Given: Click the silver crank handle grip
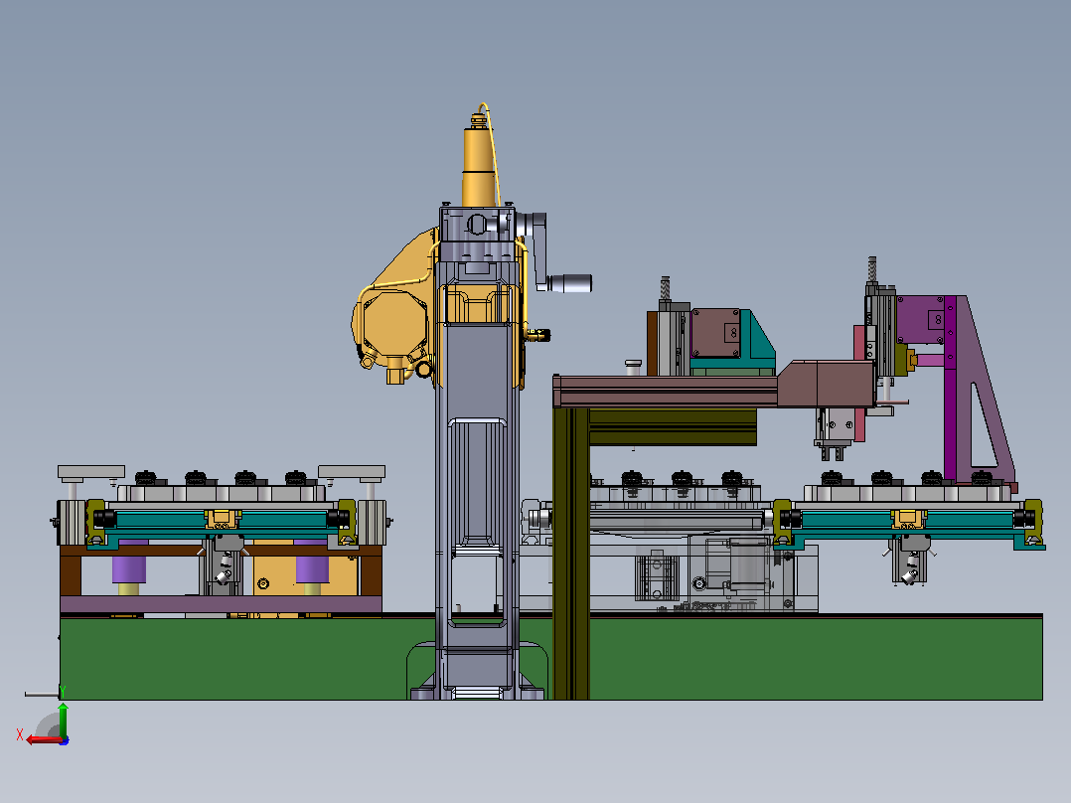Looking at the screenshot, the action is point(569,283).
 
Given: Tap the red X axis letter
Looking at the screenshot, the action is point(20,734).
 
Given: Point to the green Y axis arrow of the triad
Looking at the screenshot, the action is point(63,719).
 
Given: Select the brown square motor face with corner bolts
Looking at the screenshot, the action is point(715,333).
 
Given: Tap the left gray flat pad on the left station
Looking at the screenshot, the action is point(90,471).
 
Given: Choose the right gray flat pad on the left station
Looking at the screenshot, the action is point(352,471).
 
